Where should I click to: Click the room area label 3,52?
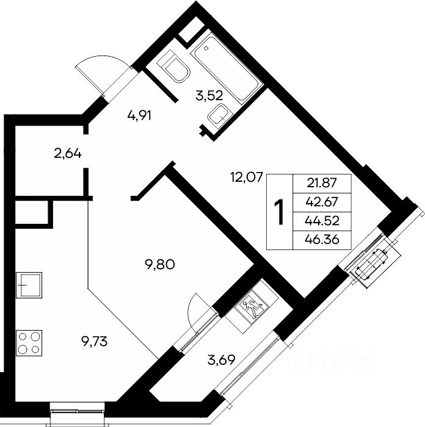[x=209, y=96]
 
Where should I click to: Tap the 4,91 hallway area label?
[x=139, y=116]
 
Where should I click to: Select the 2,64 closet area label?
[x=68, y=154]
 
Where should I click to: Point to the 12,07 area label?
[x=247, y=178]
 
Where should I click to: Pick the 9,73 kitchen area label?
[x=94, y=341]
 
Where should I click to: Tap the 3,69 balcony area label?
[x=221, y=360]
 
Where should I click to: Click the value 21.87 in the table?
[x=322, y=183]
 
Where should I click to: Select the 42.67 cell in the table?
[x=322, y=202]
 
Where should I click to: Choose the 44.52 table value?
[x=322, y=221]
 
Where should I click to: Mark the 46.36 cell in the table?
[x=322, y=240]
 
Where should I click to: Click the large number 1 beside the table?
[x=279, y=212]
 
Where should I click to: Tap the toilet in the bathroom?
[x=173, y=66]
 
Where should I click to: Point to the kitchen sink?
[x=29, y=285]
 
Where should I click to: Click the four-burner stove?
[x=29, y=343]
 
